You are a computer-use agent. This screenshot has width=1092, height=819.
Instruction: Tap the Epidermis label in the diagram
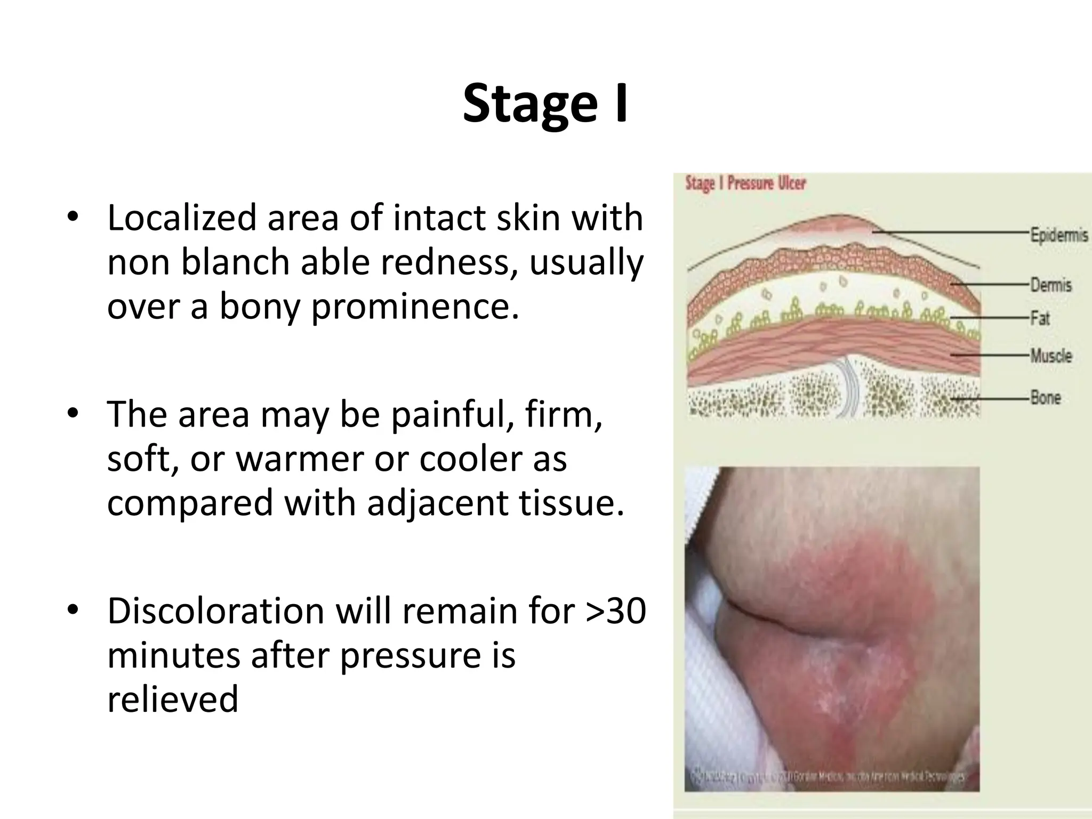click(1058, 235)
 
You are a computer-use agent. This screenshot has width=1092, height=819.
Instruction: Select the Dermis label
click(1050, 285)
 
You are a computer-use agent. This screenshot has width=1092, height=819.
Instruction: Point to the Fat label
click(1040, 319)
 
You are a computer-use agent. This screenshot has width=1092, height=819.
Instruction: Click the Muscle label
click(1050, 356)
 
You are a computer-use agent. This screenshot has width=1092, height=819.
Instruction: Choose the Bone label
click(1045, 398)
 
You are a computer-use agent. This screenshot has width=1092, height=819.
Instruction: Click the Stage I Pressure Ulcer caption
click(745, 183)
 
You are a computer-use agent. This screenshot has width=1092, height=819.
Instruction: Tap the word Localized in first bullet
click(181, 218)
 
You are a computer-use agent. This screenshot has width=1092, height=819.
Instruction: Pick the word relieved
click(172, 699)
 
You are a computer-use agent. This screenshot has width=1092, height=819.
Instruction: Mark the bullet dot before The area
click(73, 413)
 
